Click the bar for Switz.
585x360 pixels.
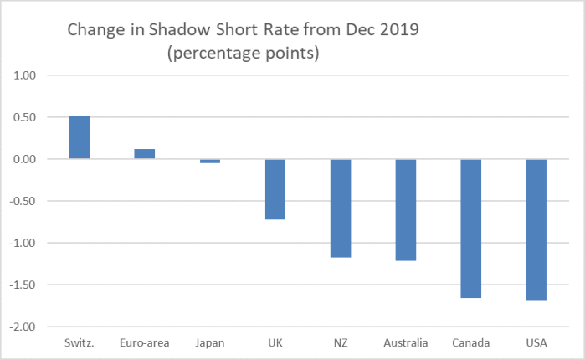click(80, 137)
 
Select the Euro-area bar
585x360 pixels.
click(145, 154)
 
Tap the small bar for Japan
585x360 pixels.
click(210, 161)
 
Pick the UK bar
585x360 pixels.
click(275, 189)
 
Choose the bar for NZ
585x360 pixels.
click(341, 208)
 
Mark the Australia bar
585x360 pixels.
click(406, 209)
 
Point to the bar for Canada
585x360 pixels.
click(471, 229)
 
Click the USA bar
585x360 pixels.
click(536, 229)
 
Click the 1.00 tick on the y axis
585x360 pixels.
click(28, 75)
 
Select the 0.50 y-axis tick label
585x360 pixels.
click(28, 117)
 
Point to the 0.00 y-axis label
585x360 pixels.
click(28, 159)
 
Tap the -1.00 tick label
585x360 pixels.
click(26, 243)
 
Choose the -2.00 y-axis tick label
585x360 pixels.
click(26, 327)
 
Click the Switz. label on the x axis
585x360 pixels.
click(80, 343)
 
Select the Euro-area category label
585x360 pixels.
click(145, 343)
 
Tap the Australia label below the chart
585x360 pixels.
click(406, 343)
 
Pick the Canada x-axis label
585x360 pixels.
click(471, 343)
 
